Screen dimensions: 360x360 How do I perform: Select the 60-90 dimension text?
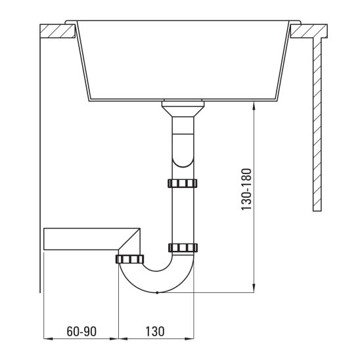coord(81,331)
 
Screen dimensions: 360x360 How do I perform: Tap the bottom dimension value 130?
coord(154,331)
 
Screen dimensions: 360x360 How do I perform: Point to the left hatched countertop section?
coord(57,31)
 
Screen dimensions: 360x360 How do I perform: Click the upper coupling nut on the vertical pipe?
coord(182,183)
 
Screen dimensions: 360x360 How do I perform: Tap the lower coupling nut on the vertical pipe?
coord(182,248)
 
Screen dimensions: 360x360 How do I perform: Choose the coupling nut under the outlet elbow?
coord(130,258)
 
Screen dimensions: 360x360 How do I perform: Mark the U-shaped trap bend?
coord(157,279)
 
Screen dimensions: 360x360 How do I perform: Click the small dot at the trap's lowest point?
coord(158,293)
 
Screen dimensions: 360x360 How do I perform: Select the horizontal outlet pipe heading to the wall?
coord(82,239)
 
